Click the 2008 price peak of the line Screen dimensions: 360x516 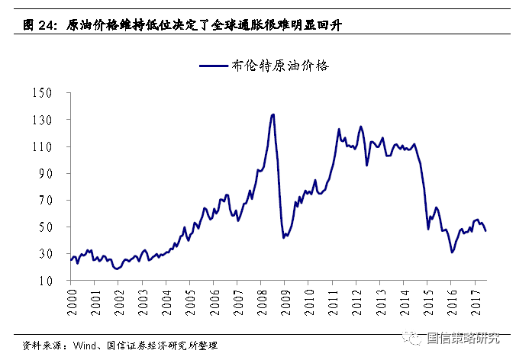[x=273, y=114]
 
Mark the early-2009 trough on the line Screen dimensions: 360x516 [x=284, y=238]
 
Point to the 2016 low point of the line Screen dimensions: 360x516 [x=452, y=252]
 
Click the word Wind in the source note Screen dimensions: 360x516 [x=85, y=344]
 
